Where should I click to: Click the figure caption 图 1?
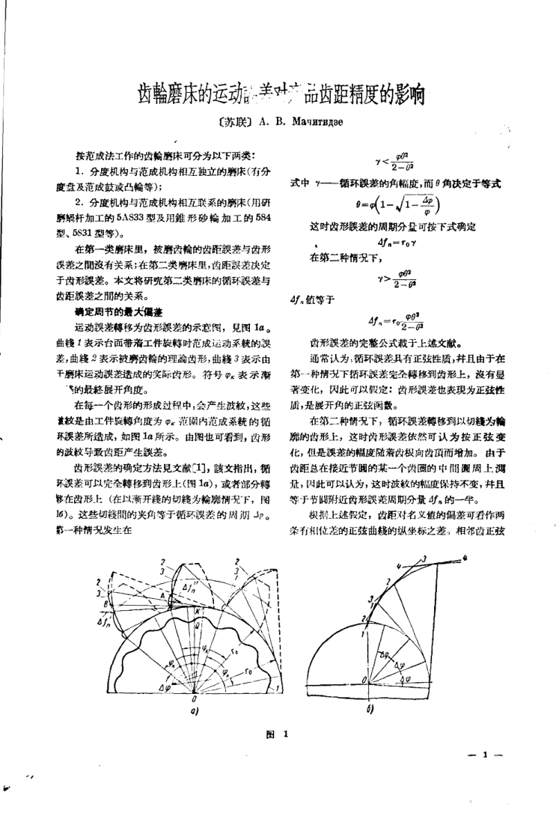(278, 735)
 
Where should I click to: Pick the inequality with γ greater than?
(394, 278)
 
